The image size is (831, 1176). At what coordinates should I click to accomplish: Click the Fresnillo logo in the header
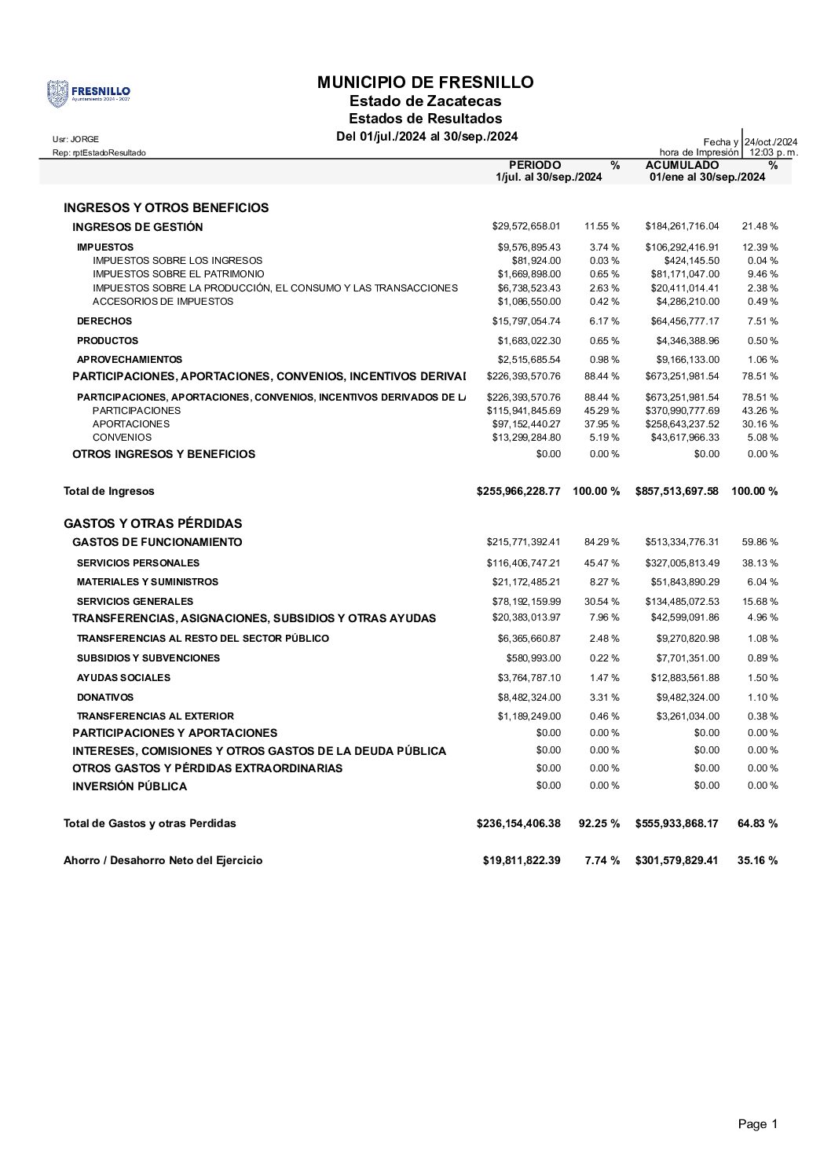88,93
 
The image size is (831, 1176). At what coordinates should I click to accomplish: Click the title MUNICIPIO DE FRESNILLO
425,82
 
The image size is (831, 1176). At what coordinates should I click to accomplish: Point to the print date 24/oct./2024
771,141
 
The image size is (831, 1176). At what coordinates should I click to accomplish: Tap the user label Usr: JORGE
75,139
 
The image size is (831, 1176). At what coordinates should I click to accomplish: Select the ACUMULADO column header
681,165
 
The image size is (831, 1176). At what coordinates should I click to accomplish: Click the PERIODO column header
535,165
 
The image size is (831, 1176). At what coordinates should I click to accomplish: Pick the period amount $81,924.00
536,261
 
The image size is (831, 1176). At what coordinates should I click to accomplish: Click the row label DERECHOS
104,321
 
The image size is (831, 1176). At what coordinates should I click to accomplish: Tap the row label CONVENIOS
122,438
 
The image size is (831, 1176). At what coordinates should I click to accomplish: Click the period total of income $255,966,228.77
518,491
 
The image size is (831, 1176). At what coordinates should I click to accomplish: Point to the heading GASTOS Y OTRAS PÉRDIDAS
152,523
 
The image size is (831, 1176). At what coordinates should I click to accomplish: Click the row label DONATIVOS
105,698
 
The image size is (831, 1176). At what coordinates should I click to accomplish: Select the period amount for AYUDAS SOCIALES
529,678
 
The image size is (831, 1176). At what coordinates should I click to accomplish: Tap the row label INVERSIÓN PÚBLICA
130,786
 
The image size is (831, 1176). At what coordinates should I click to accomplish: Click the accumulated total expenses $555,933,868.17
676,823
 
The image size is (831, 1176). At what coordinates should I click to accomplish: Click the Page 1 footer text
757,1124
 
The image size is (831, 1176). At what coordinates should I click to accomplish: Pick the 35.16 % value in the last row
757,860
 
